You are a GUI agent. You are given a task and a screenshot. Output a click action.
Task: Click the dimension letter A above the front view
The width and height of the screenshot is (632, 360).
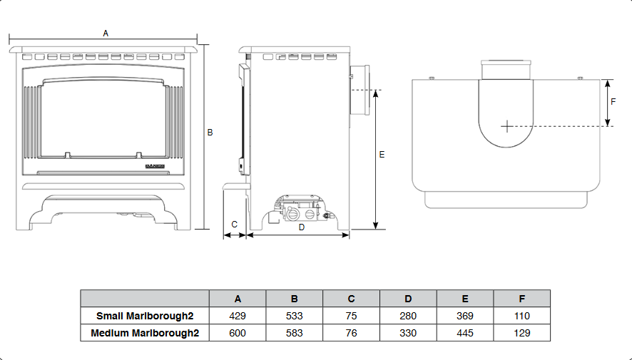point(106,34)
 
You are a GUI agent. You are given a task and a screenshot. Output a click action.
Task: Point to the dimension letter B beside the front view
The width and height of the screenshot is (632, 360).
point(210,132)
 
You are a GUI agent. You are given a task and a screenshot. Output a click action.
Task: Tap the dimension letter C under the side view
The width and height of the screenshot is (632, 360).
point(234,224)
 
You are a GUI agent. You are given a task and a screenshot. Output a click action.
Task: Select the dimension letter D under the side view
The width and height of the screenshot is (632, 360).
point(301,227)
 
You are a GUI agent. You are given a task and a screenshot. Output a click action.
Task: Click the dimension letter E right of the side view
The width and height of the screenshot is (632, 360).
point(382,155)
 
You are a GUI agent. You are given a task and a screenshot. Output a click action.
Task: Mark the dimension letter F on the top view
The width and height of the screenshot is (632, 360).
point(613,101)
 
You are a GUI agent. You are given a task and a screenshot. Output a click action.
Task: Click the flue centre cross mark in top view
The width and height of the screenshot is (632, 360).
point(506,126)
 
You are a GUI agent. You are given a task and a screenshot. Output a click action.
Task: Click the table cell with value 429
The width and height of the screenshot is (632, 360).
point(238,316)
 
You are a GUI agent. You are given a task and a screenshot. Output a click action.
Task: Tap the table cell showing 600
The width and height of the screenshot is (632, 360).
point(238,333)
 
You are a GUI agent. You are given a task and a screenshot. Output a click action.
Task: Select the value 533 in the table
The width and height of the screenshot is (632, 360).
point(294,316)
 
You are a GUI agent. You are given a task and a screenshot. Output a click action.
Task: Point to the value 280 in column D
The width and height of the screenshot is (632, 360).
point(408,316)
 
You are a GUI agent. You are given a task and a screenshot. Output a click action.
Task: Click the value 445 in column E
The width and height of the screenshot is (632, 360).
point(464,333)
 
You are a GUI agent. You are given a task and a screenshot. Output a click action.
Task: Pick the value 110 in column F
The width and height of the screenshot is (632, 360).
point(521,316)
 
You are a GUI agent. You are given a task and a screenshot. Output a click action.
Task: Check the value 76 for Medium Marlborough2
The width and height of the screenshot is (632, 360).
point(351,333)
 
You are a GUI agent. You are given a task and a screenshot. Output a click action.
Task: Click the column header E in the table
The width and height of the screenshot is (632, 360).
point(464,299)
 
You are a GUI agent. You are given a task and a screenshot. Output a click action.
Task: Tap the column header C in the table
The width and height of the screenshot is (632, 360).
point(351,299)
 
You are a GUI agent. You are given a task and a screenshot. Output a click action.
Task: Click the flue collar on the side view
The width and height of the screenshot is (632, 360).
point(359,91)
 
